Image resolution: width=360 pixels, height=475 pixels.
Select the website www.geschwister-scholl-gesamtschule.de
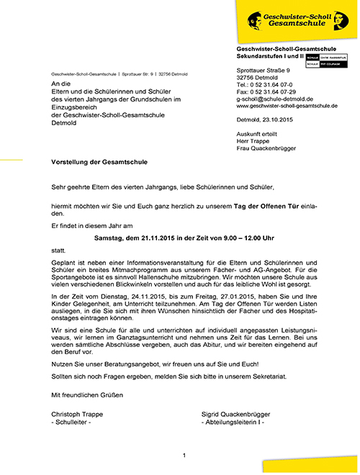pos(287,105)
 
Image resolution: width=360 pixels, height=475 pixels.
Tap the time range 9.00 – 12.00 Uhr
pos(256,237)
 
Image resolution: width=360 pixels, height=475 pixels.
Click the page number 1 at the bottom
pos(185,456)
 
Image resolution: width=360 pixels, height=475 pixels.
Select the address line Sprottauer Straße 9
pos(264,70)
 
